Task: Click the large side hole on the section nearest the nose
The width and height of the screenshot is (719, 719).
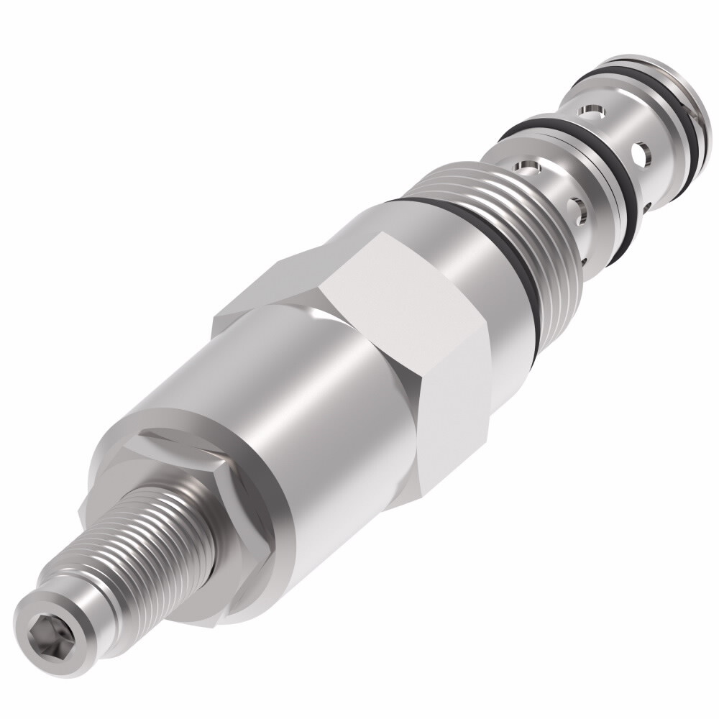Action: coord(642,152)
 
